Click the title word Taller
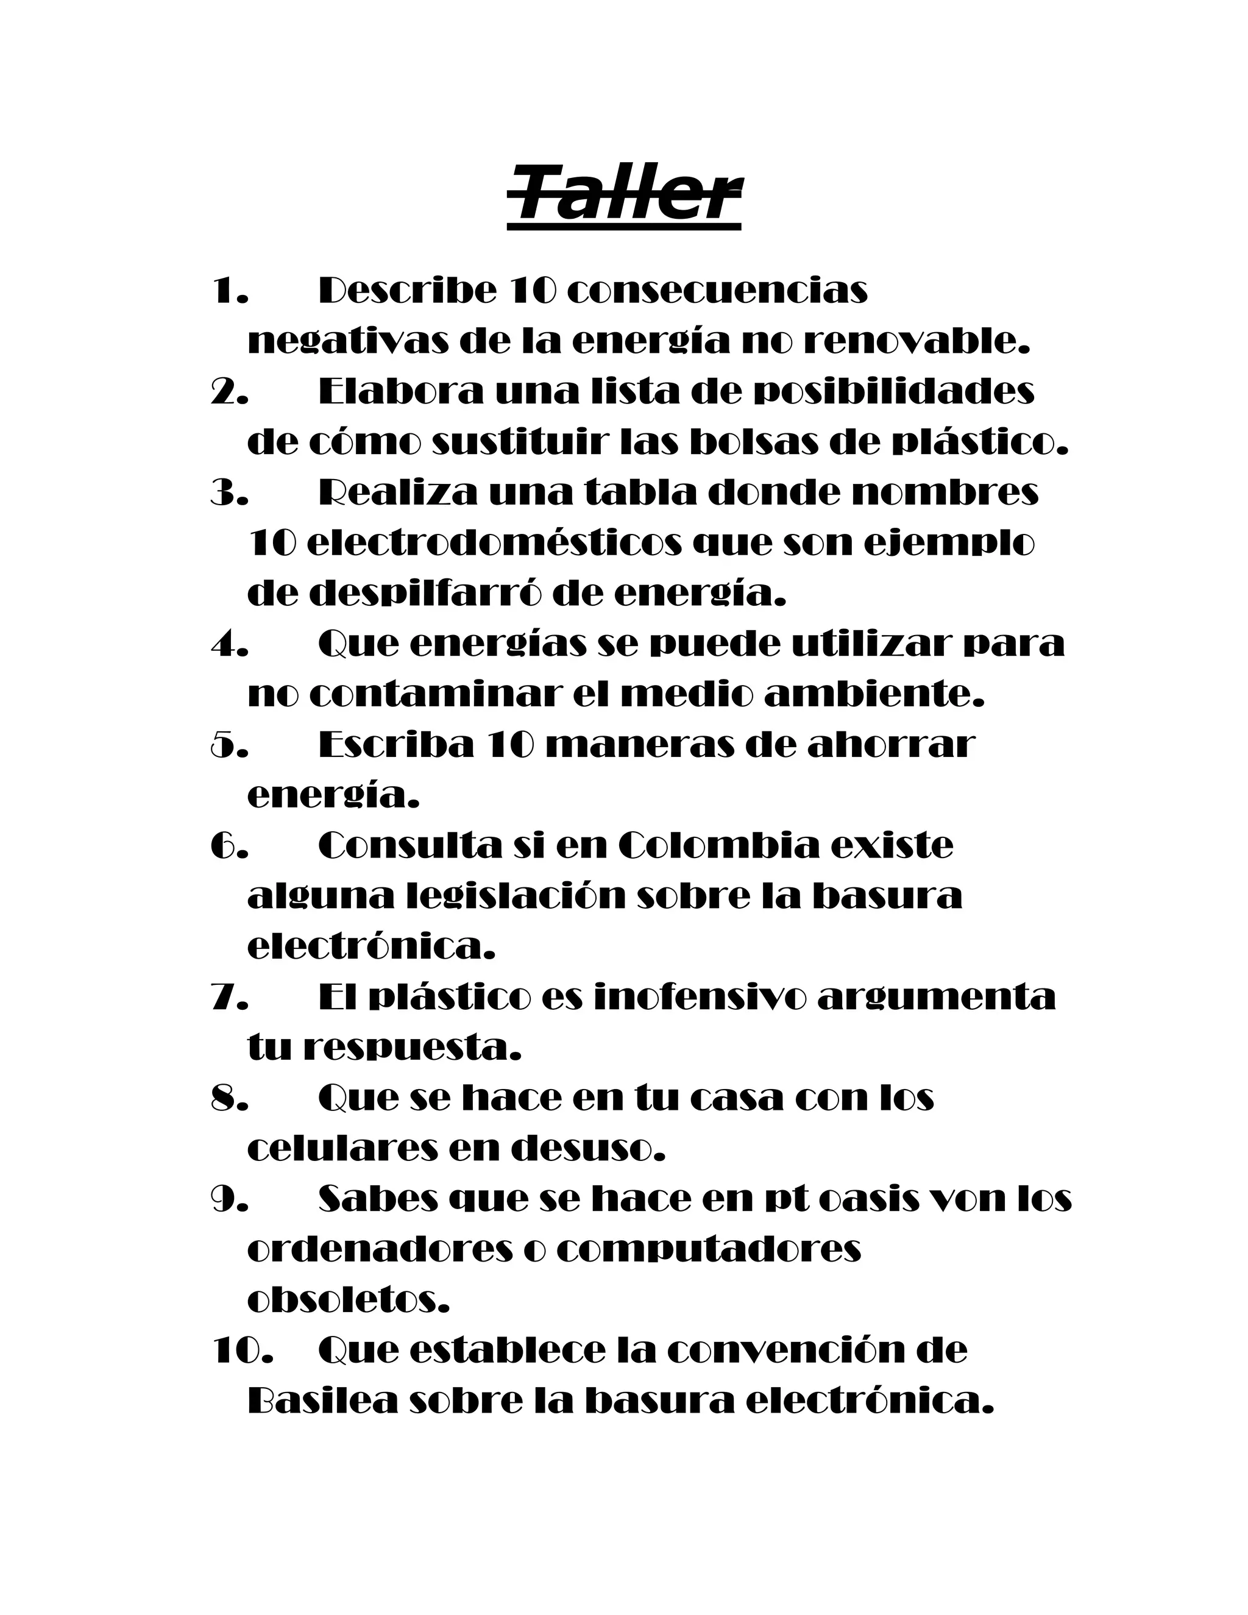tap(625, 196)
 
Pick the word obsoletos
tap(348, 1300)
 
